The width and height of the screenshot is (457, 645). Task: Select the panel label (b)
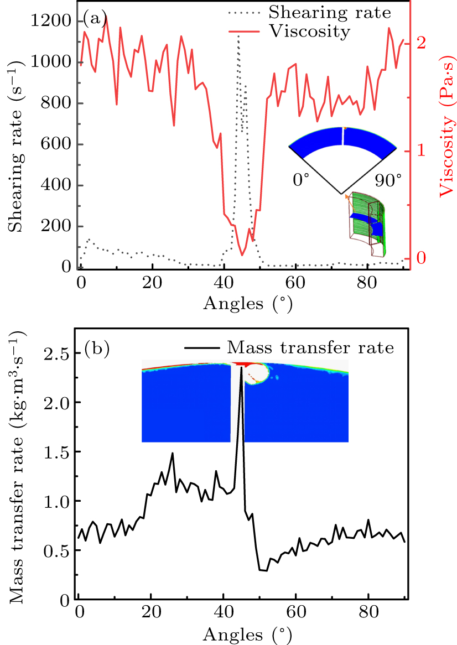[97, 349]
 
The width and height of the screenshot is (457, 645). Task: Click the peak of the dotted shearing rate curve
[238, 35]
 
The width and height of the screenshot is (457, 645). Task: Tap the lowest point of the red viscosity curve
[242, 255]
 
